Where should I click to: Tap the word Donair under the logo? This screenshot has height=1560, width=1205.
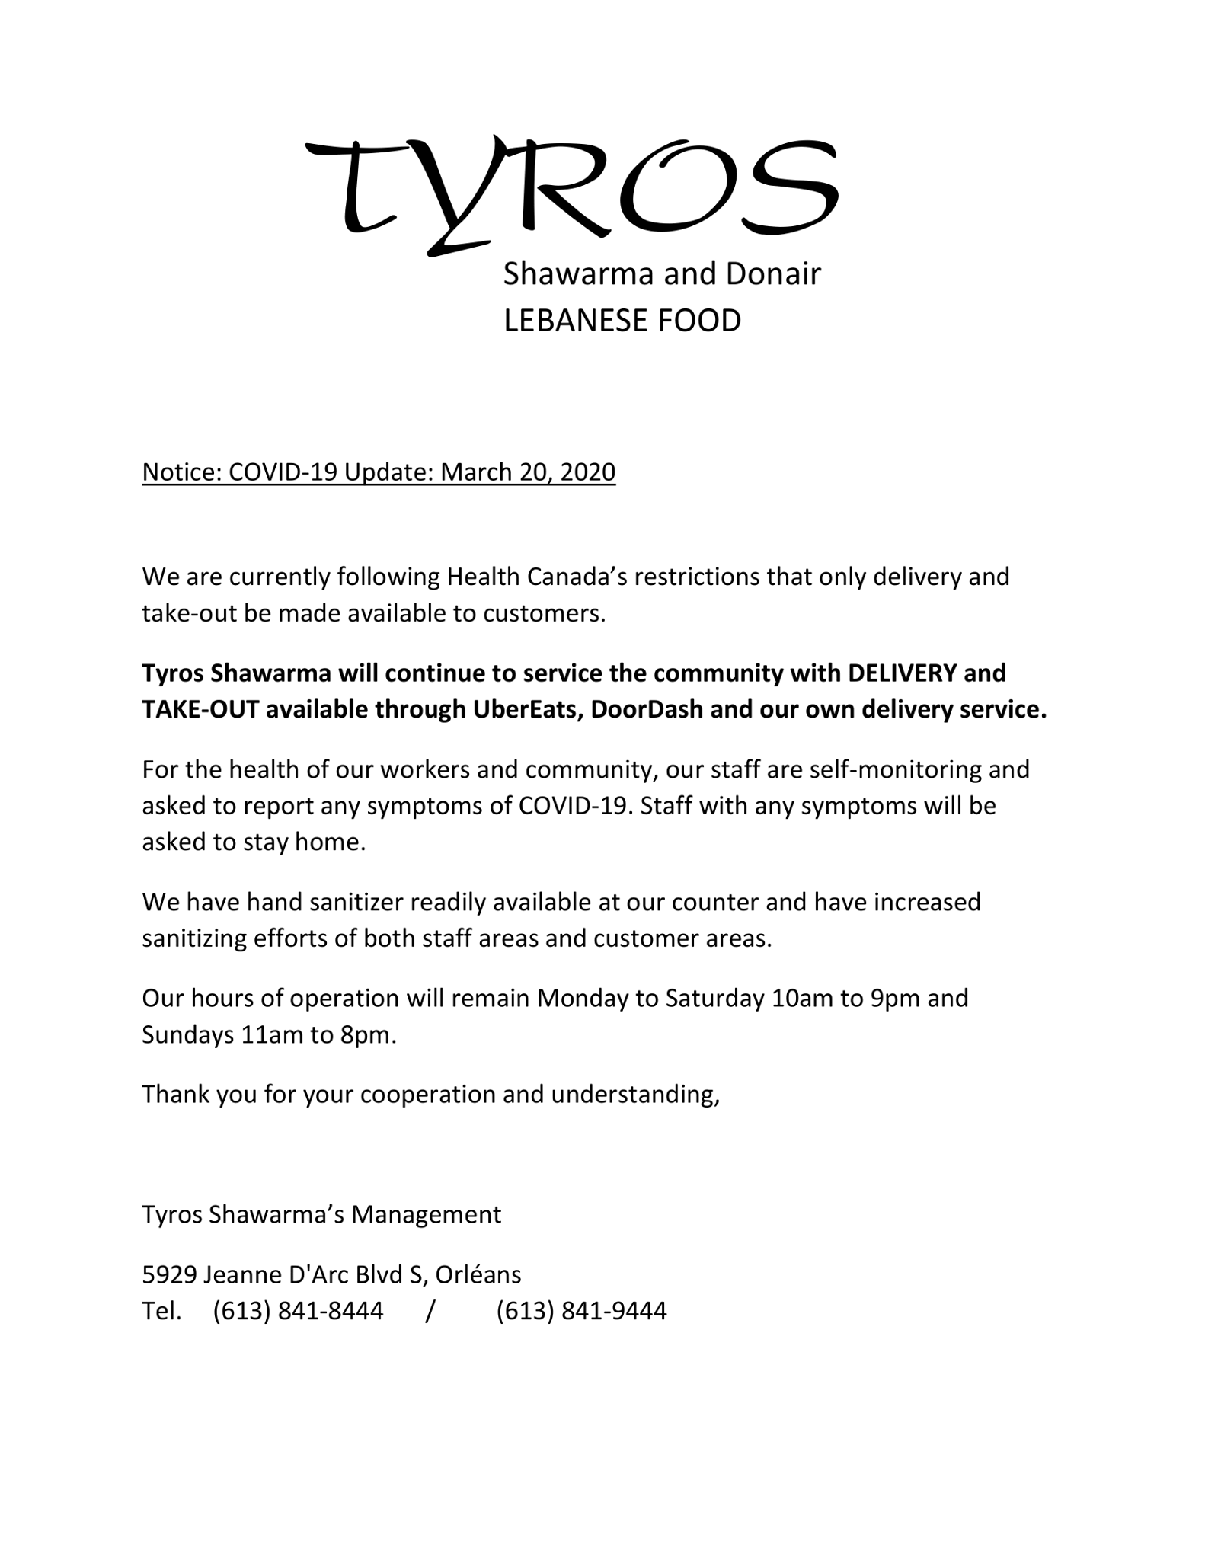(772, 273)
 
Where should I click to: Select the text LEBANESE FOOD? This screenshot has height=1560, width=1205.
(622, 321)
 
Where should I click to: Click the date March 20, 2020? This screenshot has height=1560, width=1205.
(528, 472)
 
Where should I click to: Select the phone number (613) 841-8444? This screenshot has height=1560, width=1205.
(298, 1311)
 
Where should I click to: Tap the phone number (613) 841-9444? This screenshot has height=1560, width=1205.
(581, 1311)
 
